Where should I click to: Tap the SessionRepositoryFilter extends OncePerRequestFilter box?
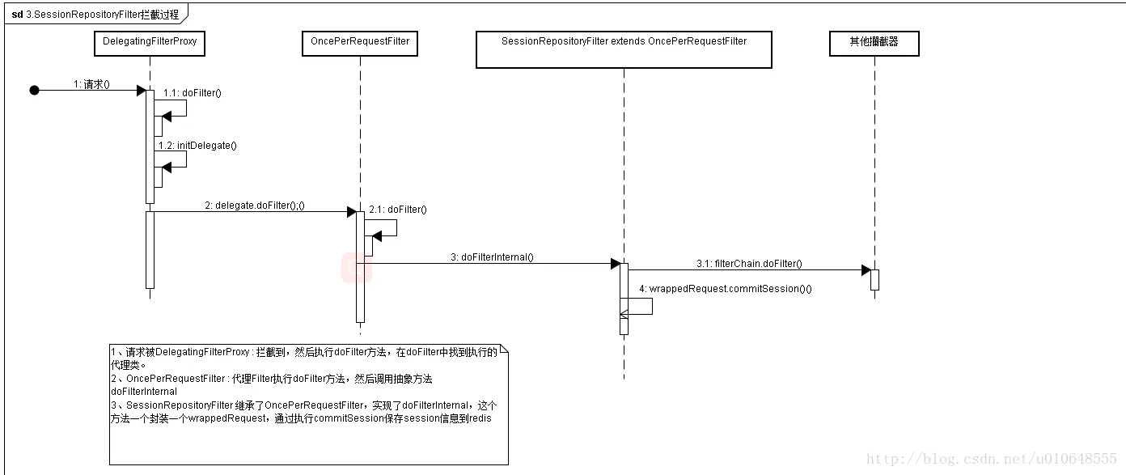(624, 49)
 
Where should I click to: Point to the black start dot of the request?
(34, 91)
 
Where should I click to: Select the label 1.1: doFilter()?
(192, 93)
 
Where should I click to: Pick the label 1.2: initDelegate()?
(197, 146)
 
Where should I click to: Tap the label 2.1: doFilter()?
(397, 210)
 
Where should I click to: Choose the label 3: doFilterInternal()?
(492, 257)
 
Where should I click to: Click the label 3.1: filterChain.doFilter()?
(749, 264)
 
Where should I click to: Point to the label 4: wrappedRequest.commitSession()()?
(725, 289)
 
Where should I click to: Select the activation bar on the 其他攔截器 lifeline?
(874, 279)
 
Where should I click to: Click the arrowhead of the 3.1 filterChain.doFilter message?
(866, 270)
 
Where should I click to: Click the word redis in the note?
(480, 418)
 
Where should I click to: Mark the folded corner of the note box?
(504, 349)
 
